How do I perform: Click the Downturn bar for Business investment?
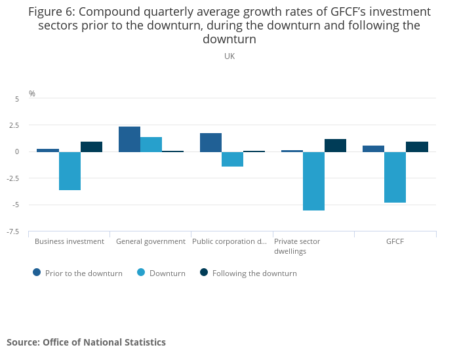70,171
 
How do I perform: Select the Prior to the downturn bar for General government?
129,139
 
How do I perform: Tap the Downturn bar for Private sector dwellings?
313,181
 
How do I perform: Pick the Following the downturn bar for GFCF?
416,147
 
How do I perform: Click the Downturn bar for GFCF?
395,177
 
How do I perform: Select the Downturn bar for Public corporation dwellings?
232,159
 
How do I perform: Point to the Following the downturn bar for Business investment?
91,147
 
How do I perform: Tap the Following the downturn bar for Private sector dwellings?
335,146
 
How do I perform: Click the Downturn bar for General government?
151,144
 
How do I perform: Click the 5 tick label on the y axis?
18,98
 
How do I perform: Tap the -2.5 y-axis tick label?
14,178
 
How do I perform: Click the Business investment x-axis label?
70,241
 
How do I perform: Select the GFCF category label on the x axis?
395,241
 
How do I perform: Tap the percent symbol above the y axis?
32,94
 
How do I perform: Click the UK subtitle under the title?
229,56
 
